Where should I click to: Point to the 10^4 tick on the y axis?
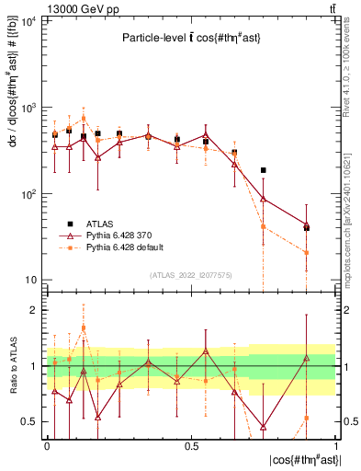(x=27, y=21)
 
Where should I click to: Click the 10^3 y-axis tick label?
(x=27, y=108)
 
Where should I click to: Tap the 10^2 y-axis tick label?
(x=27, y=194)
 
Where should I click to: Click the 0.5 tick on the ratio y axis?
(x=30, y=422)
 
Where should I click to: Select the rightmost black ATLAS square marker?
(x=307, y=228)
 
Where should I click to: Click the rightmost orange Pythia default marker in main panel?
(x=307, y=252)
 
